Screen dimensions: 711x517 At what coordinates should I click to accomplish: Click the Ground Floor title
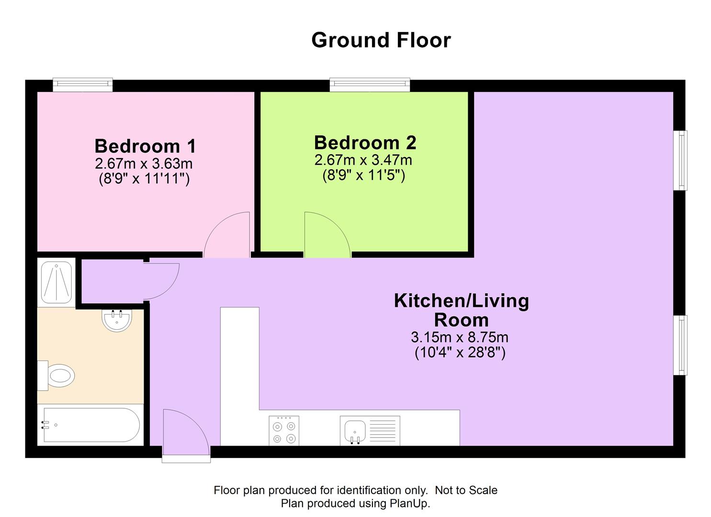pos(381,41)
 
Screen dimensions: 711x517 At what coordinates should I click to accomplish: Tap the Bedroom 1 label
pos(146,146)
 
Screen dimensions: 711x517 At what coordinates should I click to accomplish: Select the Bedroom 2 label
pos(365,143)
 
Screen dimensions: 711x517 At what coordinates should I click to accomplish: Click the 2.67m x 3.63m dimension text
pos(144,164)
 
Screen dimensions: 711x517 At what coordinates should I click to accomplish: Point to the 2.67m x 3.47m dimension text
pos(363,160)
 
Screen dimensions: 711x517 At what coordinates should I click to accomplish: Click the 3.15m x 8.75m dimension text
pos(460,337)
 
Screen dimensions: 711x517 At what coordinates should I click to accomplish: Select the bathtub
pos(90,425)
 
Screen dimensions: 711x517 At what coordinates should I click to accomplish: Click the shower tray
pos(56,282)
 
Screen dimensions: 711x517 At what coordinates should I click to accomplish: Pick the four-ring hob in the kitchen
pos(284,431)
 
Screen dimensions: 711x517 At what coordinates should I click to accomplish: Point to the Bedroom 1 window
pos(82,85)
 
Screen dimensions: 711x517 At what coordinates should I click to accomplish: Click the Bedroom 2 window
pos(370,85)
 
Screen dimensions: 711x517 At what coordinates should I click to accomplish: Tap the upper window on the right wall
pos(680,160)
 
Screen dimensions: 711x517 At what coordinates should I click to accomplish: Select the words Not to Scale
pos(466,490)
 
